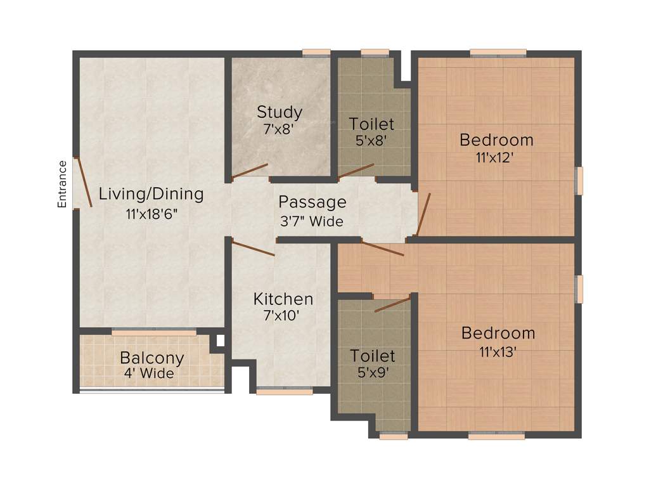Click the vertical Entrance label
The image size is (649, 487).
62,185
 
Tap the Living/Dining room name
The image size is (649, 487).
151,194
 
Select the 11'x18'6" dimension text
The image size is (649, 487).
151,214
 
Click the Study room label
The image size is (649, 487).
279,112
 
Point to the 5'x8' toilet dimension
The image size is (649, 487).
372,140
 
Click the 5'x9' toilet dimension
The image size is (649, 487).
373,373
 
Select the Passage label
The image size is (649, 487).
312,202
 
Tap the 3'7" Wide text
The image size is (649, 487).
312,222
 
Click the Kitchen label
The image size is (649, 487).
283,299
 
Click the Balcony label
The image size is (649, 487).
152,358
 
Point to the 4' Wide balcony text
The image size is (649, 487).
149,373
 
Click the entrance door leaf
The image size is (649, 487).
84,182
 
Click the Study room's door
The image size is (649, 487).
249,171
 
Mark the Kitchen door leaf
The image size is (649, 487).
253,248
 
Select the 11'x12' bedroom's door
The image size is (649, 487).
423,214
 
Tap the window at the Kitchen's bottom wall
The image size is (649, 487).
285,392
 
